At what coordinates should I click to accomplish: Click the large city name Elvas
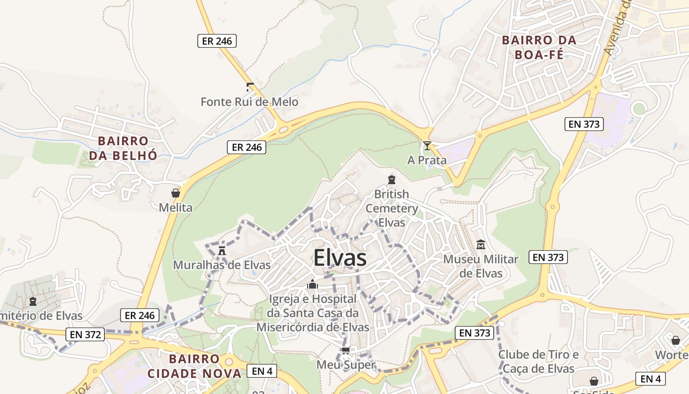pyautogui.click(x=340, y=258)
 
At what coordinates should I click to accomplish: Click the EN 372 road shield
pyautogui.click(x=85, y=335)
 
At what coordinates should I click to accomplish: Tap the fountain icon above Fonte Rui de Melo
pyautogui.click(x=250, y=88)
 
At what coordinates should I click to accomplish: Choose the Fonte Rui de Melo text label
pyautogui.click(x=250, y=102)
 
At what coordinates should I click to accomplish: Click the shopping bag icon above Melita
pyautogui.click(x=175, y=193)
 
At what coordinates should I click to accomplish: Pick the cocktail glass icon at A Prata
pyautogui.click(x=427, y=146)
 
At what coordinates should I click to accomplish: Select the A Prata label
pyautogui.click(x=427, y=160)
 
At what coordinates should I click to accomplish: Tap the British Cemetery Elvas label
pyautogui.click(x=392, y=208)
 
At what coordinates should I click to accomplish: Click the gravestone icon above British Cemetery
pyautogui.click(x=392, y=180)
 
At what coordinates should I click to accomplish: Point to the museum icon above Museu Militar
pyautogui.click(x=481, y=244)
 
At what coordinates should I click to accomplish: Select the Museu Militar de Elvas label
pyautogui.click(x=481, y=266)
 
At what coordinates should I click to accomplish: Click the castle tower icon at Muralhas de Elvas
pyautogui.click(x=222, y=251)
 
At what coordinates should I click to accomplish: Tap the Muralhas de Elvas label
pyautogui.click(x=222, y=265)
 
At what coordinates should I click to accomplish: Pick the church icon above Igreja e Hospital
pyautogui.click(x=313, y=284)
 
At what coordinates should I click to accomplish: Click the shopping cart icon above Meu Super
pyautogui.click(x=345, y=351)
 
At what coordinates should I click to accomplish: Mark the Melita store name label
pyautogui.click(x=175, y=207)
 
